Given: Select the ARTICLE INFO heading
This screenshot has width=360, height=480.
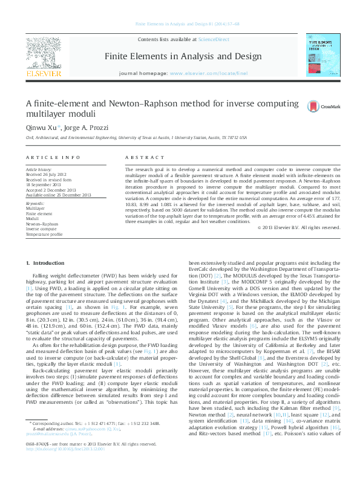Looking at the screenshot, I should point(53,157).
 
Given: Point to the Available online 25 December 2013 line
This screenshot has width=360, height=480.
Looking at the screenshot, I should point(59,194).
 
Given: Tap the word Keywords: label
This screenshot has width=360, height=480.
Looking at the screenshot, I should point(36,204).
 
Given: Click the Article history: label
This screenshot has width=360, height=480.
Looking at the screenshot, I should point(39,170).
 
